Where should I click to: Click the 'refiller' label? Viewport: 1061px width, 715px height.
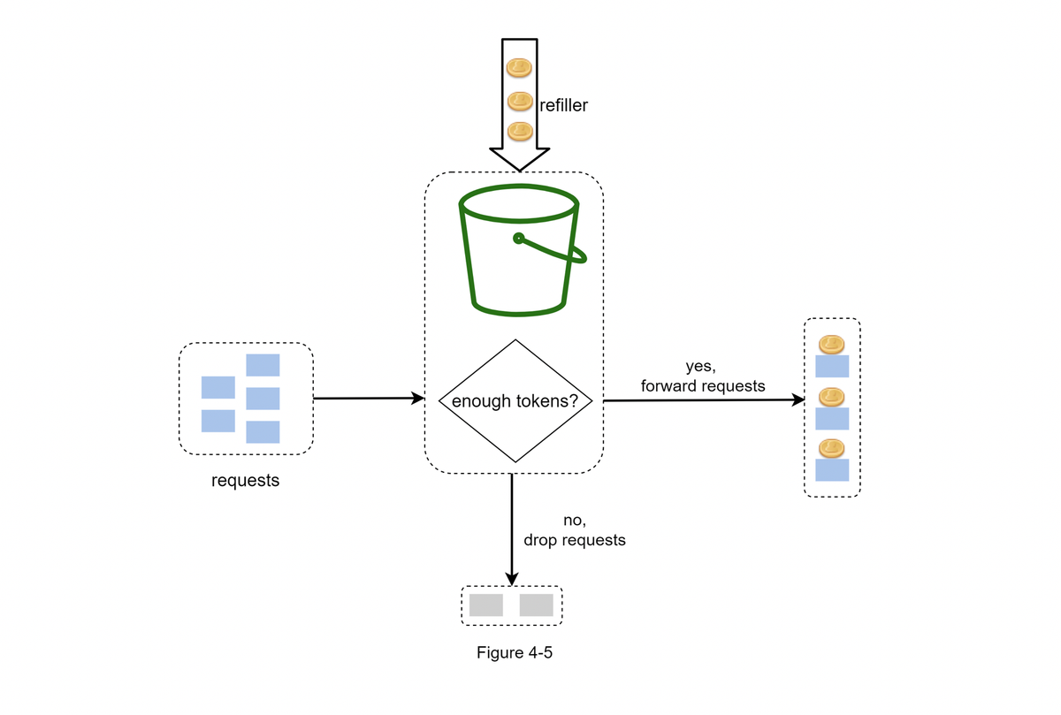pyautogui.click(x=564, y=105)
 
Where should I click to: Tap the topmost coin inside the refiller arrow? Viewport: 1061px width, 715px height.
pyautogui.click(x=519, y=68)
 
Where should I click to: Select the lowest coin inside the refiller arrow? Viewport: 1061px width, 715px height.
pyautogui.click(x=520, y=131)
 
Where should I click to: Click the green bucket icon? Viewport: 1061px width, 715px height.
pyautogui.click(x=522, y=250)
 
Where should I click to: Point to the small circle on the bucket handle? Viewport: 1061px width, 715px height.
pyautogui.click(x=519, y=238)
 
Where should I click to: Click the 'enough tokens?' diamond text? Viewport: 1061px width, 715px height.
pyautogui.click(x=515, y=401)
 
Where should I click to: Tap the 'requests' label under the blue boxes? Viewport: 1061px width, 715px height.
pyautogui.click(x=246, y=481)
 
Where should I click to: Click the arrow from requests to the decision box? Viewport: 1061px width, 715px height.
pyautogui.click(x=369, y=399)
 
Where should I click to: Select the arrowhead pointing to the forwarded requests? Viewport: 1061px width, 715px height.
pyautogui.click(x=798, y=400)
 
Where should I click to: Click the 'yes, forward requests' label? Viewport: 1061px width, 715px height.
pyautogui.click(x=703, y=376)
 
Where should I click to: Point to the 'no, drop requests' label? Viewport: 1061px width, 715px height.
pyautogui.click(x=575, y=530)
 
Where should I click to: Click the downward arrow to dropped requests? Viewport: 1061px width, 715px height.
pyautogui.click(x=512, y=530)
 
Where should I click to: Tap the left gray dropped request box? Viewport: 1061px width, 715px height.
pyautogui.click(x=486, y=605)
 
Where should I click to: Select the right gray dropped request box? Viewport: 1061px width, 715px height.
pyautogui.click(x=536, y=605)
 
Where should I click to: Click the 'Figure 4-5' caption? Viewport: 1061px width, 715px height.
pyautogui.click(x=515, y=652)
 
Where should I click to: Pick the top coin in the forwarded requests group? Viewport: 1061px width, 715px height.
pyautogui.click(x=832, y=344)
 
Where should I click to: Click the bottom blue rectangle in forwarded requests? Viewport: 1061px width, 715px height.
pyautogui.click(x=832, y=470)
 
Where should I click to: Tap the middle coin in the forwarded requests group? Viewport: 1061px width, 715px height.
pyautogui.click(x=832, y=397)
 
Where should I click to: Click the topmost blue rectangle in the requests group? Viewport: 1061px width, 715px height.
pyautogui.click(x=263, y=365)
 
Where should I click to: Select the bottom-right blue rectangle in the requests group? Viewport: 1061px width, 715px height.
pyautogui.click(x=263, y=432)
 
